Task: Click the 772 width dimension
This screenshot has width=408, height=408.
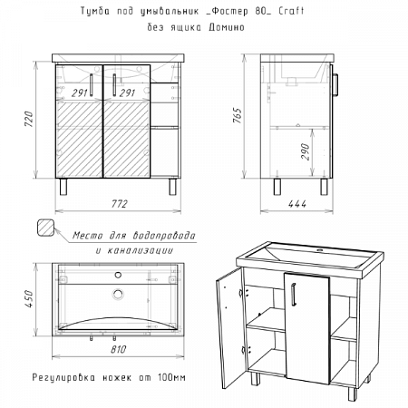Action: pyautogui.click(x=119, y=204)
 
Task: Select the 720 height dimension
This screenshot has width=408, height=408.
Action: pyautogui.click(x=29, y=119)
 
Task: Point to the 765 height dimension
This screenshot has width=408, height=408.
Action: pyautogui.click(x=238, y=115)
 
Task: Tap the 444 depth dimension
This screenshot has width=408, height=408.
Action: pyautogui.click(x=296, y=204)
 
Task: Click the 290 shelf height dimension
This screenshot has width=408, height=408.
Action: pyautogui.click(x=306, y=151)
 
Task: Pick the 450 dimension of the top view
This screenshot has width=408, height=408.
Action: pyautogui.click(x=29, y=299)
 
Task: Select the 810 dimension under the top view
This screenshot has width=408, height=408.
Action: pyautogui.click(x=118, y=349)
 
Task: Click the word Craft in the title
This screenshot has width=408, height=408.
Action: pyautogui.click(x=291, y=11)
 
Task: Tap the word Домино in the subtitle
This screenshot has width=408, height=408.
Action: pyautogui.click(x=227, y=27)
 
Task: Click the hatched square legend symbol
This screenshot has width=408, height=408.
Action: pyautogui.click(x=45, y=227)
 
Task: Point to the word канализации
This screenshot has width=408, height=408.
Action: pyautogui.click(x=141, y=250)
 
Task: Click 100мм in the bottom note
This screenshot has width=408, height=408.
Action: pyautogui.click(x=171, y=377)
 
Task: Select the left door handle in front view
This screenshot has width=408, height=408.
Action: pyautogui.click(x=92, y=85)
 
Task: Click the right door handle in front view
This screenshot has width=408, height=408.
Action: pyautogui.click(x=114, y=85)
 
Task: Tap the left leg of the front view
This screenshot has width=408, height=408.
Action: pyautogui.click(x=63, y=187)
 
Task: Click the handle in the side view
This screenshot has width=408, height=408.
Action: pyautogui.click(x=335, y=84)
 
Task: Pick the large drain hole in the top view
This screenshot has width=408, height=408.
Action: pyautogui.click(x=118, y=294)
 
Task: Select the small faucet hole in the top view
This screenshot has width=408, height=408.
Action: pyautogui.click(x=118, y=275)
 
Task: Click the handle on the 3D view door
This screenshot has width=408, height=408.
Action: pyautogui.click(x=293, y=293)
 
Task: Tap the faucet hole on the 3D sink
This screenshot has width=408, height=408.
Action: pyautogui.click(x=318, y=250)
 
